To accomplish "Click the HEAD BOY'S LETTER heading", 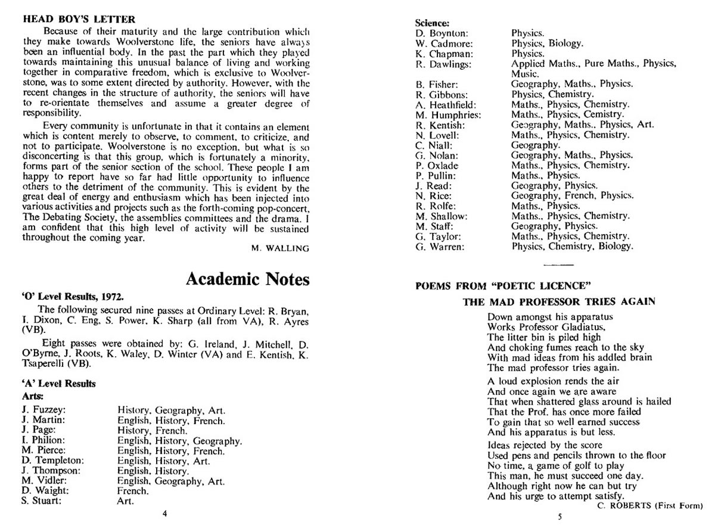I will tap(79, 19).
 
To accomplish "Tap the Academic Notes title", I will tap(247, 279).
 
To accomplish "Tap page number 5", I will tap(560, 517).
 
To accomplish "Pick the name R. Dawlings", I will tap(443, 64).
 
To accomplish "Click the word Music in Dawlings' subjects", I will tap(525, 74).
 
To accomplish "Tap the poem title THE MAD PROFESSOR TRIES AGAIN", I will tap(559, 301).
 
